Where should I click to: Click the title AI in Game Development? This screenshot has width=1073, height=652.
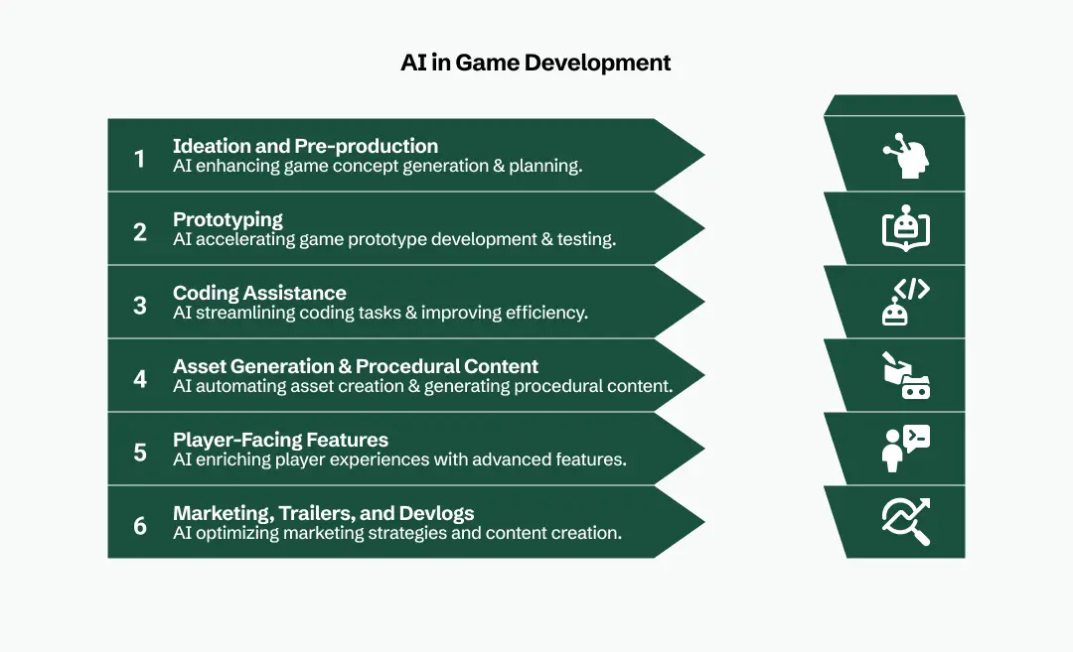pyautogui.click(x=536, y=63)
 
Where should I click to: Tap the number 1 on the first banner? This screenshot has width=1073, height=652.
pyautogui.click(x=140, y=159)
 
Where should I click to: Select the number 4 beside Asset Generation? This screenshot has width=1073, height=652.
pyautogui.click(x=140, y=379)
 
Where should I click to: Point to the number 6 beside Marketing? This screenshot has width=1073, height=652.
pyautogui.click(x=140, y=526)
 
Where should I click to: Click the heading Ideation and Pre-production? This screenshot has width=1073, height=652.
pyautogui.click(x=305, y=146)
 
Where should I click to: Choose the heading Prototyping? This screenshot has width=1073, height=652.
pyautogui.click(x=228, y=219)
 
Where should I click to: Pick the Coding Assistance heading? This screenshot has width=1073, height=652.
pyautogui.click(x=259, y=293)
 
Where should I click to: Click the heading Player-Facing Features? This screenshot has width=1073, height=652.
pyautogui.click(x=280, y=440)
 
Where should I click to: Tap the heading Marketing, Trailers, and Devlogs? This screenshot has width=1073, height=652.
pyautogui.click(x=324, y=513)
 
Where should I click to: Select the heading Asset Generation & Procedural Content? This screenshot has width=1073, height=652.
pyautogui.click(x=356, y=366)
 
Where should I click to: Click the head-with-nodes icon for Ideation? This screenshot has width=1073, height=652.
pyautogui.click(x=906, y=156)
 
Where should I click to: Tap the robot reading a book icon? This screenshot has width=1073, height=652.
pyautogui.click(x=906, y=228)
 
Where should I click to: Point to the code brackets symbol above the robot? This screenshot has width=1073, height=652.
pyautogui.click(x=912, y=289)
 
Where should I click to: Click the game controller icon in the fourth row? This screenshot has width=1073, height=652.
pyautogui.click(x=916, y=387)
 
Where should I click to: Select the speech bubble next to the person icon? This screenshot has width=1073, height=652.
pyautogui.click(x=917, y=438)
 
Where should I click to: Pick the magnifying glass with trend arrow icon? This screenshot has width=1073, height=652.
pyautogui.click(x=906, y=521)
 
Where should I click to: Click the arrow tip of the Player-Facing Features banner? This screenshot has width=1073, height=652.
pyautogui.click(x=704, y=449)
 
